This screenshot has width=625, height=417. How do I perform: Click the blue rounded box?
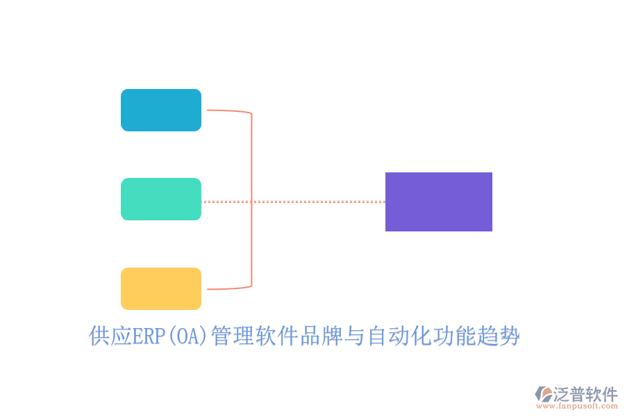point(161,110)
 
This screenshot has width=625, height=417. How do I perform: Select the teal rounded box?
point(161,199)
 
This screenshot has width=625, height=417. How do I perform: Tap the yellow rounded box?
point(161,288)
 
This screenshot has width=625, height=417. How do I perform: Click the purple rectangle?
point(439,202)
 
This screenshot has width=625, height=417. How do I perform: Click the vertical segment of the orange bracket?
point(251,202)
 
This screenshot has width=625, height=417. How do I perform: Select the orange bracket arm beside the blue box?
point(226,111)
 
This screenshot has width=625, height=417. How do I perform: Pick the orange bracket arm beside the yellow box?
point(226,288)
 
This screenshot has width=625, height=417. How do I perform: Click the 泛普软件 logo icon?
point(544,394)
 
